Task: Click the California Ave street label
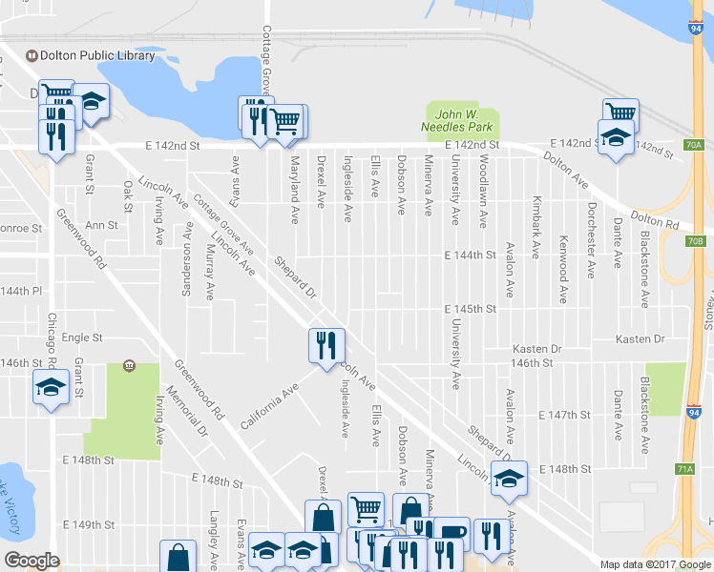pos(270,405)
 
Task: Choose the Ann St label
pos(101,226)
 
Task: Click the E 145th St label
pos(471,310)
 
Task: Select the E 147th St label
pos(566,417)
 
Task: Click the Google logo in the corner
pos(31,560)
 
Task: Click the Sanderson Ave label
pos(188,258)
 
